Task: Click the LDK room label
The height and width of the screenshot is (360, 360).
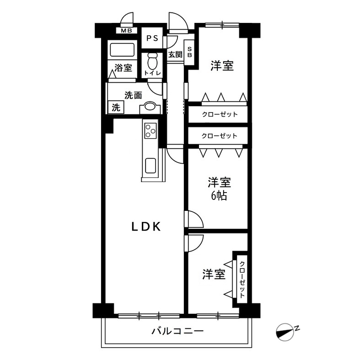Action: [x=146, y=226]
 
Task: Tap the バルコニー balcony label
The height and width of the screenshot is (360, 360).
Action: [x=177, y=331]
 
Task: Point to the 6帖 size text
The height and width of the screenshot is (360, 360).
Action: [x=219, y=196]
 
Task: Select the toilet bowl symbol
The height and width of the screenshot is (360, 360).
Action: [x=152, y=61]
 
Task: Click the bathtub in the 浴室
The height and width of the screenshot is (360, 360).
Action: [x=122, y=50]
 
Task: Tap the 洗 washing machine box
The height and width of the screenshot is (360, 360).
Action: [x=116, y=107]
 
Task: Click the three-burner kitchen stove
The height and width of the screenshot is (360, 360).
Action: [x=150, y=131]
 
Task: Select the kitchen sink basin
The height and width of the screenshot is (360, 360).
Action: [x=150, y=166]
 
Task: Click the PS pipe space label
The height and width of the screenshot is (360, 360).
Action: [x=152, y=38]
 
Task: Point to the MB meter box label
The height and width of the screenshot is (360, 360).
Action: [x=126, y=31]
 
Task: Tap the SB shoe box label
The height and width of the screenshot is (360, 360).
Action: [x=190, y=52]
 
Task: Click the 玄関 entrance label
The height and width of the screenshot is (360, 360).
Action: [x=175, y=54]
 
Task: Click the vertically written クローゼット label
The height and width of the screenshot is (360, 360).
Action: [x=242, y=279]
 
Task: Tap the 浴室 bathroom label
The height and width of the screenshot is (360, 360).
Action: [x=124, y=68]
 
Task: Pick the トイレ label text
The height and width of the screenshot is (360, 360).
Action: [x=152, y=73]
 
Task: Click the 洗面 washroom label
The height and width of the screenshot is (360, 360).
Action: [x=133, y=95]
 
